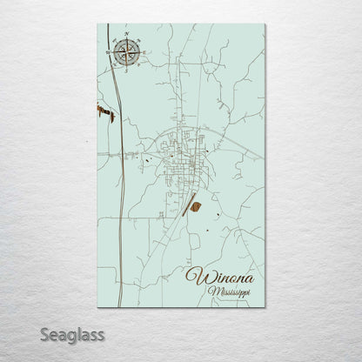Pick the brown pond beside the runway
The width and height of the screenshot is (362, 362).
pos(197,206)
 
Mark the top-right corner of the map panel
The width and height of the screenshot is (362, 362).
pos(265,24)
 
